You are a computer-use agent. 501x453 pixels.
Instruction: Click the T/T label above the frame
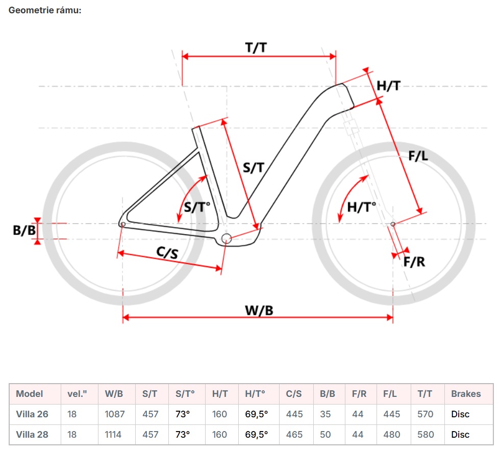coord(256,47)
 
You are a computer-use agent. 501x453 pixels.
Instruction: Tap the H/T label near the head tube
coord(388,86)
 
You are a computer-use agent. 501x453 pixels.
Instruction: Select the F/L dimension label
coord(418,157)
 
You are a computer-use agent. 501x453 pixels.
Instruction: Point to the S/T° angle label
coord(196,207)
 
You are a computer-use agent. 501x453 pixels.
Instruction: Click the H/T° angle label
coord(361,207)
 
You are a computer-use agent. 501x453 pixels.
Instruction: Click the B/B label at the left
coord(23,231)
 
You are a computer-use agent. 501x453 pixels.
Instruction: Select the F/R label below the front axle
coord(414,262)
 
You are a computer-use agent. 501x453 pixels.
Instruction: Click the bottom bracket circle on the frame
coord(227,238)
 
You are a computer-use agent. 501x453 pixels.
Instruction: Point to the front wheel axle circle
coord(393,224)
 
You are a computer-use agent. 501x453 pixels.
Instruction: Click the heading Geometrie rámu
coord(45,10)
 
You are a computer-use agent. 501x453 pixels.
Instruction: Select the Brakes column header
coord(466,394)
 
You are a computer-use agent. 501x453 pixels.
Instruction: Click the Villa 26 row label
coord(33,414)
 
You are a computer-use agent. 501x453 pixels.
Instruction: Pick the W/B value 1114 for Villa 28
coord(114,435)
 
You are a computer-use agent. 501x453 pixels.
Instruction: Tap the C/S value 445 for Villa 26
coord(294,414)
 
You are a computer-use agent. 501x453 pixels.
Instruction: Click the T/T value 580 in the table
coord(425,435)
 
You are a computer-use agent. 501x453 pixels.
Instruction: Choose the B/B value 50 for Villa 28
coord(325,435)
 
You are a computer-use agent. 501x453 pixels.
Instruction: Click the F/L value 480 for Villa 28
coord(391,435)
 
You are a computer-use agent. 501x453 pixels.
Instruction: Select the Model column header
coord(30,394)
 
